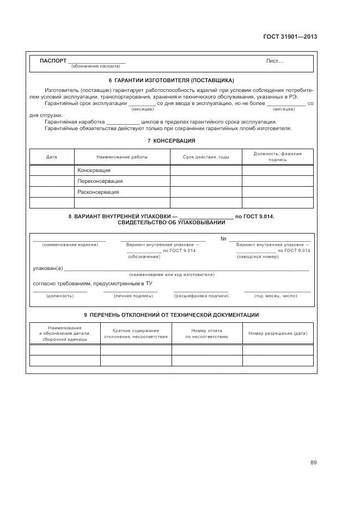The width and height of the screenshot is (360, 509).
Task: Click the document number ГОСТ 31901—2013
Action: (x=290, y=37)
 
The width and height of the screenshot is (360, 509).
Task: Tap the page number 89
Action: (x=313, y=462)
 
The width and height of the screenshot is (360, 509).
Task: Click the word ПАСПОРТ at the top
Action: (x=53, y=60)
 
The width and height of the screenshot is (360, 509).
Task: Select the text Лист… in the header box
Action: (x=274, y=61)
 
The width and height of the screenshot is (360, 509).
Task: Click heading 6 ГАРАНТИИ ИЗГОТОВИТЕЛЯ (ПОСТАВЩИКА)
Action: (x=171, y=81)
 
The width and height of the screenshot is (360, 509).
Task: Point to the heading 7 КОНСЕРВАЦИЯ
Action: (x=171, y=141)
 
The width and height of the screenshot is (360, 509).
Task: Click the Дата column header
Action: (x=51, y=157)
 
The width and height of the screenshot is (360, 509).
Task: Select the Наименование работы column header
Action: (x=121, y=157)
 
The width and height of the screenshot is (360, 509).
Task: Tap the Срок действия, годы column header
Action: (x=205, y=157)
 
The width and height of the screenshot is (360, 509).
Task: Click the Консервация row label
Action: (x=94, y=170)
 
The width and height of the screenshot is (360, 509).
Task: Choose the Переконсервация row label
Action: (x=100, y=181)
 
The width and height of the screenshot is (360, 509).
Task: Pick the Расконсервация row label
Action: (x=98, y=192)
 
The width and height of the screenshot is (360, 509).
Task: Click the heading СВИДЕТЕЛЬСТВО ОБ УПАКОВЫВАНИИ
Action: (x=171, y=223)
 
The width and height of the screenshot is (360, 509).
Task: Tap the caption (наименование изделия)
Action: (x=70, y=245)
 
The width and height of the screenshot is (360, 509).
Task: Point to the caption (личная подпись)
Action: (x=130, y=296)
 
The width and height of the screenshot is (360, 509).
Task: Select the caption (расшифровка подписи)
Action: (x=201, y=296)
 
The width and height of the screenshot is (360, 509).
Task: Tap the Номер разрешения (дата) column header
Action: (x=278, y=333)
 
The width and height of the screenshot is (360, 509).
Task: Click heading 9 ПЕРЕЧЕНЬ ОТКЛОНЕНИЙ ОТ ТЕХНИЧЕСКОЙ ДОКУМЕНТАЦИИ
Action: (x=171, y=315)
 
